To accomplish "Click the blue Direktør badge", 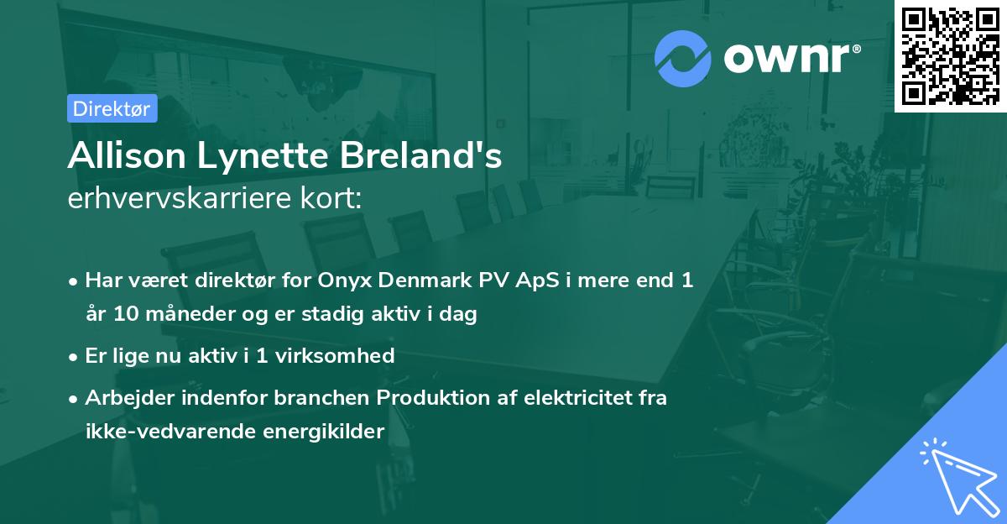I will click(x=112, y=108).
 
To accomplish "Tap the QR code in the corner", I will click(x=950, y=56).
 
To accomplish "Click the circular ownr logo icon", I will click(x=683, y=59).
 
